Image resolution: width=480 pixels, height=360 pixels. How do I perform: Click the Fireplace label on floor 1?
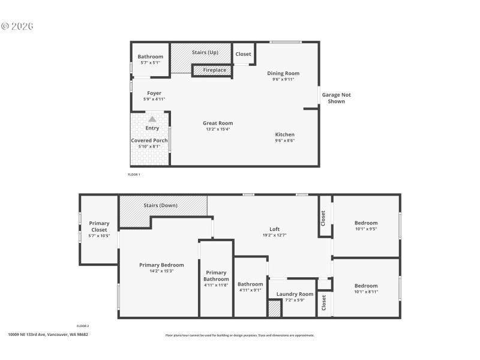[x=214, y=70]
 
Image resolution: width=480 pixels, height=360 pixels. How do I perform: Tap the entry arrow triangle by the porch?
[x=152, y=119]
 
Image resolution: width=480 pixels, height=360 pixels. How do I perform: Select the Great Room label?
[x=218, y=123]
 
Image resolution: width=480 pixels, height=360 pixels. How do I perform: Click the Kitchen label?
[x=285, y=134]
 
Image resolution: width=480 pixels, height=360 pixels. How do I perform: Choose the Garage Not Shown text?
[x=336, y=98]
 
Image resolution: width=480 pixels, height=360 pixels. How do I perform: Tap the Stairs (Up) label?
[x=205, y=53]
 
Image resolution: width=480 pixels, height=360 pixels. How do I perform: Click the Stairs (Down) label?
[x=160, y=205]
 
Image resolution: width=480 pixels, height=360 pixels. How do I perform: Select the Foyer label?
[x=154, y=93]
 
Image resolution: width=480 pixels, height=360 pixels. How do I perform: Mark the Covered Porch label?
[x=149, y=140]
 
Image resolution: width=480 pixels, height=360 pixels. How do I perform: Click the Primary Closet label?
[x=100, y=226]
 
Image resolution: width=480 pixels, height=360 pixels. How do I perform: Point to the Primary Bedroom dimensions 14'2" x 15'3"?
[x=161, y=271]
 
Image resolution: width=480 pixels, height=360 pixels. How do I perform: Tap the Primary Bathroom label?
[x=216, y=275]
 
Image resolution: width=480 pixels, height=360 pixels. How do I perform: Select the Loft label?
[x=274, y=229]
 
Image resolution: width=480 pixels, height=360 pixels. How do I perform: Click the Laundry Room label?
[x=295, y=294]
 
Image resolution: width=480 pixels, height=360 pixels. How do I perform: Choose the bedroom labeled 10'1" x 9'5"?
[x=366, y=226]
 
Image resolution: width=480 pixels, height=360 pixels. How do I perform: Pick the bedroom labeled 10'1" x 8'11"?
[x=366, y=289]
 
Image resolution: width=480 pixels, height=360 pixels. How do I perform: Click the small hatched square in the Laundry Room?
[x=274, y=309]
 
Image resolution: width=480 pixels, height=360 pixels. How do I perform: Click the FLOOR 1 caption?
[x=134, y=175]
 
